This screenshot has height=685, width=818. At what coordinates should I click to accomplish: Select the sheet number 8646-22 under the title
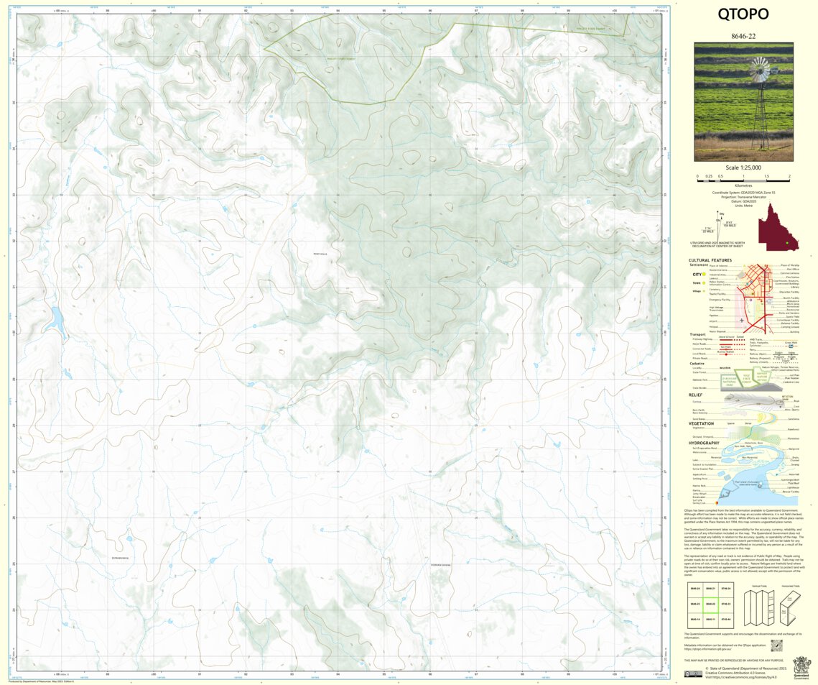coord(743,36)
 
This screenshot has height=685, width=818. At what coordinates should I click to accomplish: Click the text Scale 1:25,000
coord(743,167)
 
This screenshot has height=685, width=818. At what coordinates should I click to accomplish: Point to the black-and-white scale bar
coord(743,176)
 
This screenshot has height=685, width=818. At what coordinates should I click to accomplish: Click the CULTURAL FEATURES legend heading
coord(710,260)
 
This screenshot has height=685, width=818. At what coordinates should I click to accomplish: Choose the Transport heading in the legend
coord(697,334)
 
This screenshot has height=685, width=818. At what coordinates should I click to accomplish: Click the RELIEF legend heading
coord(695,395)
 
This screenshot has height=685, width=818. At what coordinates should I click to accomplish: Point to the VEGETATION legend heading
coord(701,423)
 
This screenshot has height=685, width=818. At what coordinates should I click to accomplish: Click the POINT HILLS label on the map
coord(321,254)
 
